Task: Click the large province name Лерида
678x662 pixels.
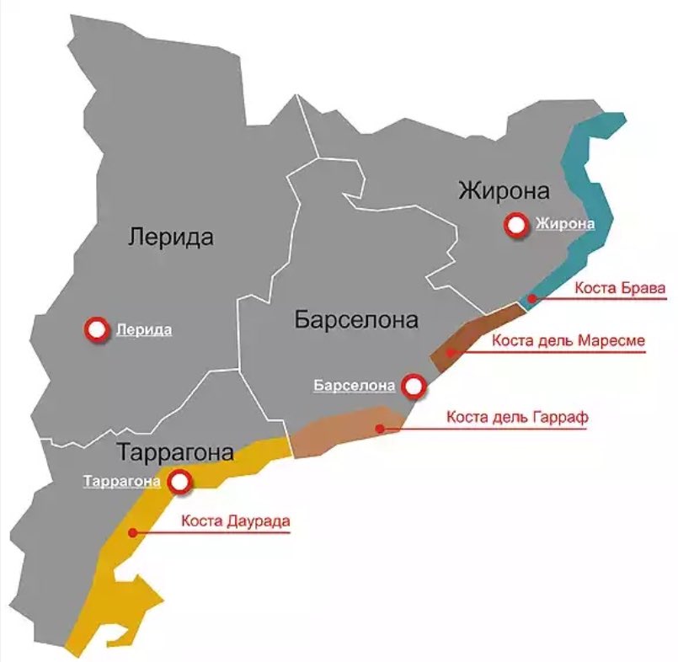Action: click(x=171, y=237)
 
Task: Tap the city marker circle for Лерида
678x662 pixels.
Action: click(x=97, y=330)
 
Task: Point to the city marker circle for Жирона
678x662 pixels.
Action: click(x=515, y=225)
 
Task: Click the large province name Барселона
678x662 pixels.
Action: click(x=356, y=320)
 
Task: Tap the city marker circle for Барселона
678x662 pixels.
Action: click(x=413, y=387)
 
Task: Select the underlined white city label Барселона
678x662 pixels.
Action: click(x=354, y=387)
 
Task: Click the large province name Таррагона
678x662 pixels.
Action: click(x=175, y=452)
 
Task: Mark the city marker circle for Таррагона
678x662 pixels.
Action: click(x=179, y=483)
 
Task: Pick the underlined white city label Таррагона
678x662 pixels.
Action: click(x=121, y=483)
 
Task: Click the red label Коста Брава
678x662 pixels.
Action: click(x=620, y=287)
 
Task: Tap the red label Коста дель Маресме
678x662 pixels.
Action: click(x=569, y=341)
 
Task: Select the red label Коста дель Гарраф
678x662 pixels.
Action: click(x=517, y=418)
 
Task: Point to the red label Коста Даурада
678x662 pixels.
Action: click(x=235, y=521)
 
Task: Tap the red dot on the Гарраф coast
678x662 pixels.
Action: click(x=380, y=429)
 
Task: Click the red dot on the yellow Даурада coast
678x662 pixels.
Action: click(x=132, y=532)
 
